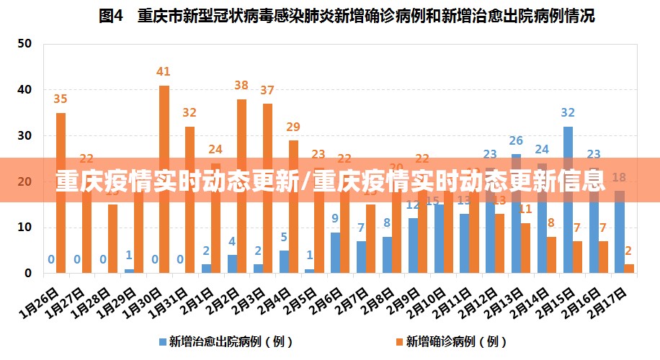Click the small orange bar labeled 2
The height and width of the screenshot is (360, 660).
(x=629, y=269)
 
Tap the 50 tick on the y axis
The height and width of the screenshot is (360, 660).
(x=25, y=43)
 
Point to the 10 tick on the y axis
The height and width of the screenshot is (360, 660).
(x=25, y=228)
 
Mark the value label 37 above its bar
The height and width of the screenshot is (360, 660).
(x=267, y=91)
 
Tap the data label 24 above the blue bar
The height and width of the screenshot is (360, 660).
(x=542, y=150)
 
